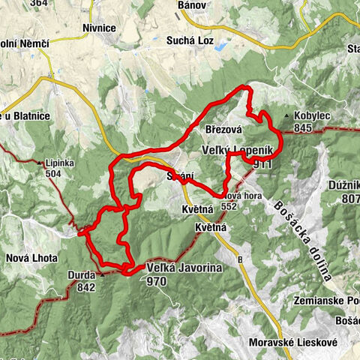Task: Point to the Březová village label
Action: pyautogui.click(x=223, y=129)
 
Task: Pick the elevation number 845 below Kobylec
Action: pyautogui.click(x=303, y=129)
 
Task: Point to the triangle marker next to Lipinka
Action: pyautogui.click(x=40, y=162)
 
